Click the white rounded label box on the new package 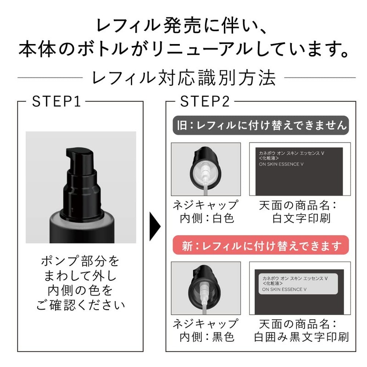click(299, 284)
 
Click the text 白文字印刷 click(301, 218)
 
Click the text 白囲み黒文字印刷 click(301, 337)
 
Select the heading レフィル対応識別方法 click(184, 78)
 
